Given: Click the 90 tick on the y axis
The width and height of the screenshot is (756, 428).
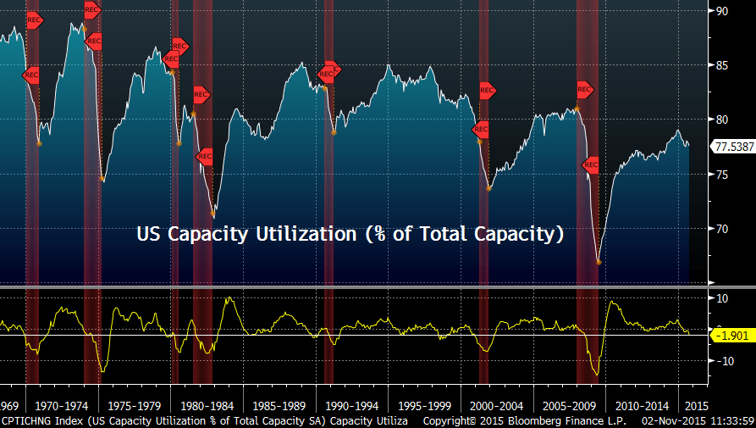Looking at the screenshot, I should pos(722,11).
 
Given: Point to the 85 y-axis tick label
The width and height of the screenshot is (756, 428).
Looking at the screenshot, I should pos(722,65).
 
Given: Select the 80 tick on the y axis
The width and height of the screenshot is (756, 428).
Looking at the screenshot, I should pos(722,120).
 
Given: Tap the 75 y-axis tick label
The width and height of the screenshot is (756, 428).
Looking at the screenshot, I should pos(722,175).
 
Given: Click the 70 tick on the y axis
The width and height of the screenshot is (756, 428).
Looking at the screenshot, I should pos(722,229).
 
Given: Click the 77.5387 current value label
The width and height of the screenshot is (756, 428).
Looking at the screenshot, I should pos(733,146).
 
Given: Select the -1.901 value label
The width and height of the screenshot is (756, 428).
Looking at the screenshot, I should pos(733,335).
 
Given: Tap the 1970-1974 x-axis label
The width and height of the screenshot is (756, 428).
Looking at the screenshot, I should pos(63,406).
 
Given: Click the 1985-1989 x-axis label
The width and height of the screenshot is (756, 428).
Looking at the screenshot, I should pos(279,406).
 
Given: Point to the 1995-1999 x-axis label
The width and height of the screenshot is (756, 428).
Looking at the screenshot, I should pos(424,406).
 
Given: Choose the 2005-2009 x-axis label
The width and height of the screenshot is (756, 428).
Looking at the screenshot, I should pos(569,406).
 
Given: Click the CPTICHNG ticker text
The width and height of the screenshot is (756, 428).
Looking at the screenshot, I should pos(30,420).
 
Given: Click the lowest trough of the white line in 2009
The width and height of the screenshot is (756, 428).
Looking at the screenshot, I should pos(599,262).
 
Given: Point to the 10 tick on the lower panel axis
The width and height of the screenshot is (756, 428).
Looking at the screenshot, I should pos(722,298).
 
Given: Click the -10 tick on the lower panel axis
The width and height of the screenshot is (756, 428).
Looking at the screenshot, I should pos(724,361).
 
